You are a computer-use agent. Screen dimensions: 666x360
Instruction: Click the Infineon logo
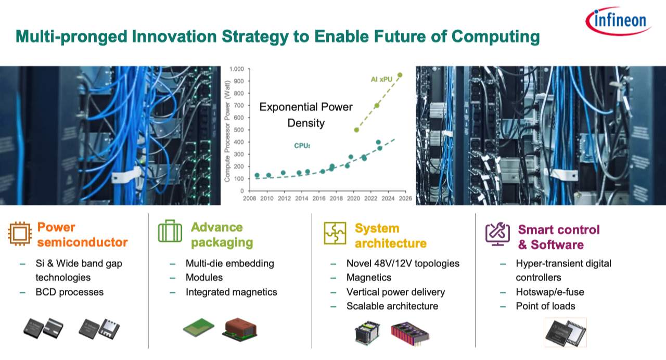coord(619,21)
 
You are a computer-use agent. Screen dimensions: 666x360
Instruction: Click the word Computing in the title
coord(495,37)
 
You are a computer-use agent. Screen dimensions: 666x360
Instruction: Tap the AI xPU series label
coord(381,80)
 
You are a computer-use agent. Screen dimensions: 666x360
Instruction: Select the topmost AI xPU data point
coord(400,75)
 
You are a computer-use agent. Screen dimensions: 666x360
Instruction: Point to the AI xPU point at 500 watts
coord(356,130)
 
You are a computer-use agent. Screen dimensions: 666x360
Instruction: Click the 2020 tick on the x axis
coord(353,198)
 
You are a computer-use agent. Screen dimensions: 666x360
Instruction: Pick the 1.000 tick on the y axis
coord(237,69)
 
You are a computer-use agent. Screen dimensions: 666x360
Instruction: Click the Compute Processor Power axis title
coord(227,131)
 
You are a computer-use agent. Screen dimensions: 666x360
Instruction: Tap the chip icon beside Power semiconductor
coord(20,234)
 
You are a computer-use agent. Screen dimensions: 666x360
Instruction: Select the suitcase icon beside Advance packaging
coord(170,231)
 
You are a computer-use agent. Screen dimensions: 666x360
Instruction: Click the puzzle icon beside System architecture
coord(335,233)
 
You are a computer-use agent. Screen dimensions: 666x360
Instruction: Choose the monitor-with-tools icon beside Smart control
coord(497,234)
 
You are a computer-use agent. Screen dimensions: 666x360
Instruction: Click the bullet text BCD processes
coord(70,292)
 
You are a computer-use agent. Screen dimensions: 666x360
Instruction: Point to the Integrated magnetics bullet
coord(232,292)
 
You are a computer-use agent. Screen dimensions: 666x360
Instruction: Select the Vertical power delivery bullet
coord(396,292)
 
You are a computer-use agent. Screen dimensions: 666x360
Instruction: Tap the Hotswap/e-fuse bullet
coord(550,292)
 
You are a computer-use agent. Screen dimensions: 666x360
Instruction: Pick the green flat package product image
coord(199,327)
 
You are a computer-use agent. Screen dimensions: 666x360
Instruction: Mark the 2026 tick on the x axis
coord(405,198)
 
